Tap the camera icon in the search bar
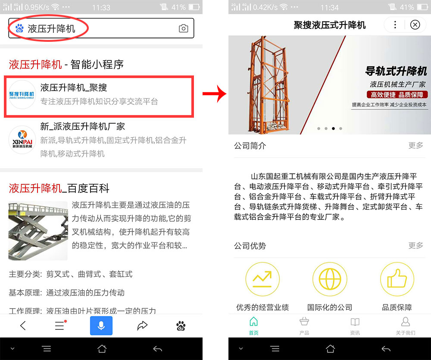pyautogui.click(x=184, y=29)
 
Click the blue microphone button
pyautogui.click(x=101, y=326)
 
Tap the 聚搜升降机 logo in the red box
pyautogui.click(x=22, y=94)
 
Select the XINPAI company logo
pyautogui.click(x=22, y=139)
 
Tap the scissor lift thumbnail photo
pyautogui.click(x=38, y=231)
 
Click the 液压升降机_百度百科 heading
pyautogui.click(x=59, y=188)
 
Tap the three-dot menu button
pyautogui.click(x=395, y=25)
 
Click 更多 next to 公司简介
pyautogui.click(x=415, y=146)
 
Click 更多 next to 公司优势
pyautogui.click(x=415, y=246)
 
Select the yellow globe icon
pyautogui.click(x=330, y=279)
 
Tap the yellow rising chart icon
pyautogui.click(x=262, y=279)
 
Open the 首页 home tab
pyautogui.click(x=254, y=326)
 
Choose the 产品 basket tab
pyautogui.click(x=304, y=326)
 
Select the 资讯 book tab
pyautogui.click(x=355, y=326)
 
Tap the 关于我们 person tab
pyautogui.click(x=406, y=326)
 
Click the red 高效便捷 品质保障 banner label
pyautogui.click(x=397, y=94)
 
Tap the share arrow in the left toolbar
pyautogui.click(x=142, y=326)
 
